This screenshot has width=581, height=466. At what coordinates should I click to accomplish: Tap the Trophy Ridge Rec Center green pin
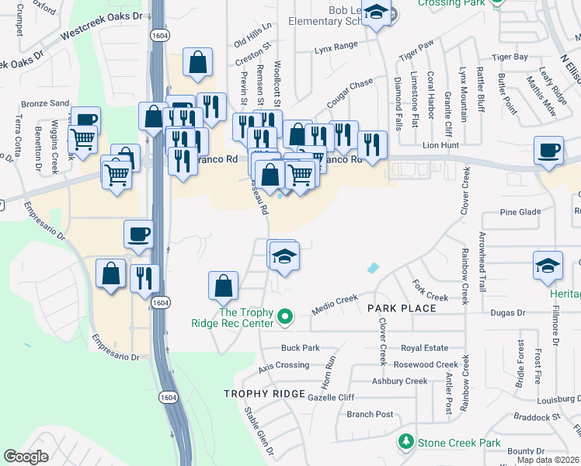285,316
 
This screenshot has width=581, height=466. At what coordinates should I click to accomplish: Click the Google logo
26,457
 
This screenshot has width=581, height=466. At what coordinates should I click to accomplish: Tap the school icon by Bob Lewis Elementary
377,14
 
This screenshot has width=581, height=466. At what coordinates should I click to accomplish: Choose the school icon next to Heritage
548,265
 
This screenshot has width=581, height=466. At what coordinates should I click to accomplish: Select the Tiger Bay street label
510,57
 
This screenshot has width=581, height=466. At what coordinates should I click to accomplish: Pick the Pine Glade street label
520,212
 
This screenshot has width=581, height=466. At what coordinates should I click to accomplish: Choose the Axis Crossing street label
284,365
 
